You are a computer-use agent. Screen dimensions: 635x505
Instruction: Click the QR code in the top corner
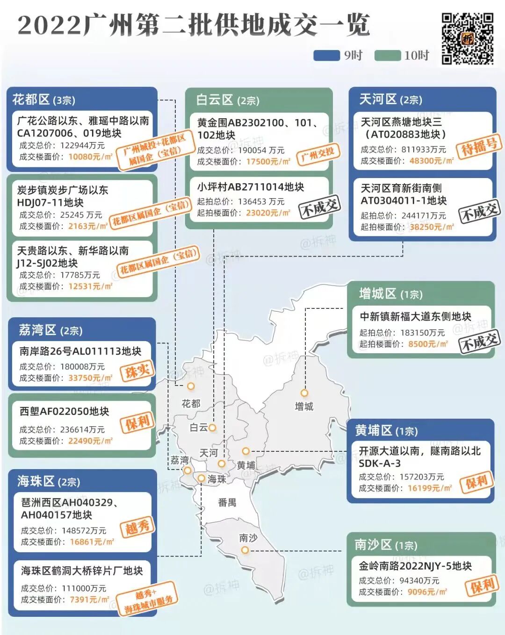coord(467,38)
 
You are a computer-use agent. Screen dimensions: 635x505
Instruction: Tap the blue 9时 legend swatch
coord(326,56)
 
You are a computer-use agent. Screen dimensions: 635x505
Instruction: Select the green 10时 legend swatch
coord(388,56)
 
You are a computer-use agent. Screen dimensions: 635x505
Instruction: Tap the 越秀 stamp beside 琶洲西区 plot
coord(137,528)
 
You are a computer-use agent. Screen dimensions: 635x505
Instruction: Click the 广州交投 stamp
coord(318,154)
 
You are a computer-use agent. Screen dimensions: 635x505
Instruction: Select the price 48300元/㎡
coord(431,161)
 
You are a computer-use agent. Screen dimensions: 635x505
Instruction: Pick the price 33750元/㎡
coord(90,378)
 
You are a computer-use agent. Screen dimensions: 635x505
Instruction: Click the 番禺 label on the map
coord(227,503)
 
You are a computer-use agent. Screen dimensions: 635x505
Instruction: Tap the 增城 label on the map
coord(304,407)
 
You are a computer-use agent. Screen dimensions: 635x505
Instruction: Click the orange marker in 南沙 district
coord(245,550)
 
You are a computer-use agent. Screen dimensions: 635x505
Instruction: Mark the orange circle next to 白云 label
coord(212,428)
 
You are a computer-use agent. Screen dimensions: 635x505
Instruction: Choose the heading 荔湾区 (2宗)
coord(50,330)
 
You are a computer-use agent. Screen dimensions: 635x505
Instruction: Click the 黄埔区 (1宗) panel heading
coord(386,430)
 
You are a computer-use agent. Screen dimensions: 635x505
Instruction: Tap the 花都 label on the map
coord(191,403)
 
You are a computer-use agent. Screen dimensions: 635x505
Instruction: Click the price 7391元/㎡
coord(89,599)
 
